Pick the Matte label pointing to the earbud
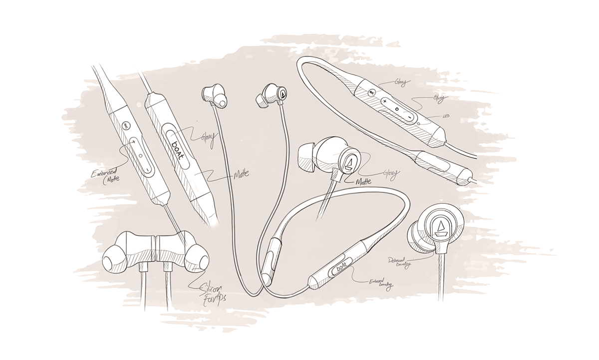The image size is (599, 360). (x=366, y=182)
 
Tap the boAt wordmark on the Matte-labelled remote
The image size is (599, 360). (x=177, y=148)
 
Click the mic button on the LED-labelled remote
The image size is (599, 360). (x=372, y=92)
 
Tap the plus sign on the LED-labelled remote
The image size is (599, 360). (x=385, y=101)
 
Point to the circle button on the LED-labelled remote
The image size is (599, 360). (x=397, y=108)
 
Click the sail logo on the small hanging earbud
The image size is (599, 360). (x=283, y=93)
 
